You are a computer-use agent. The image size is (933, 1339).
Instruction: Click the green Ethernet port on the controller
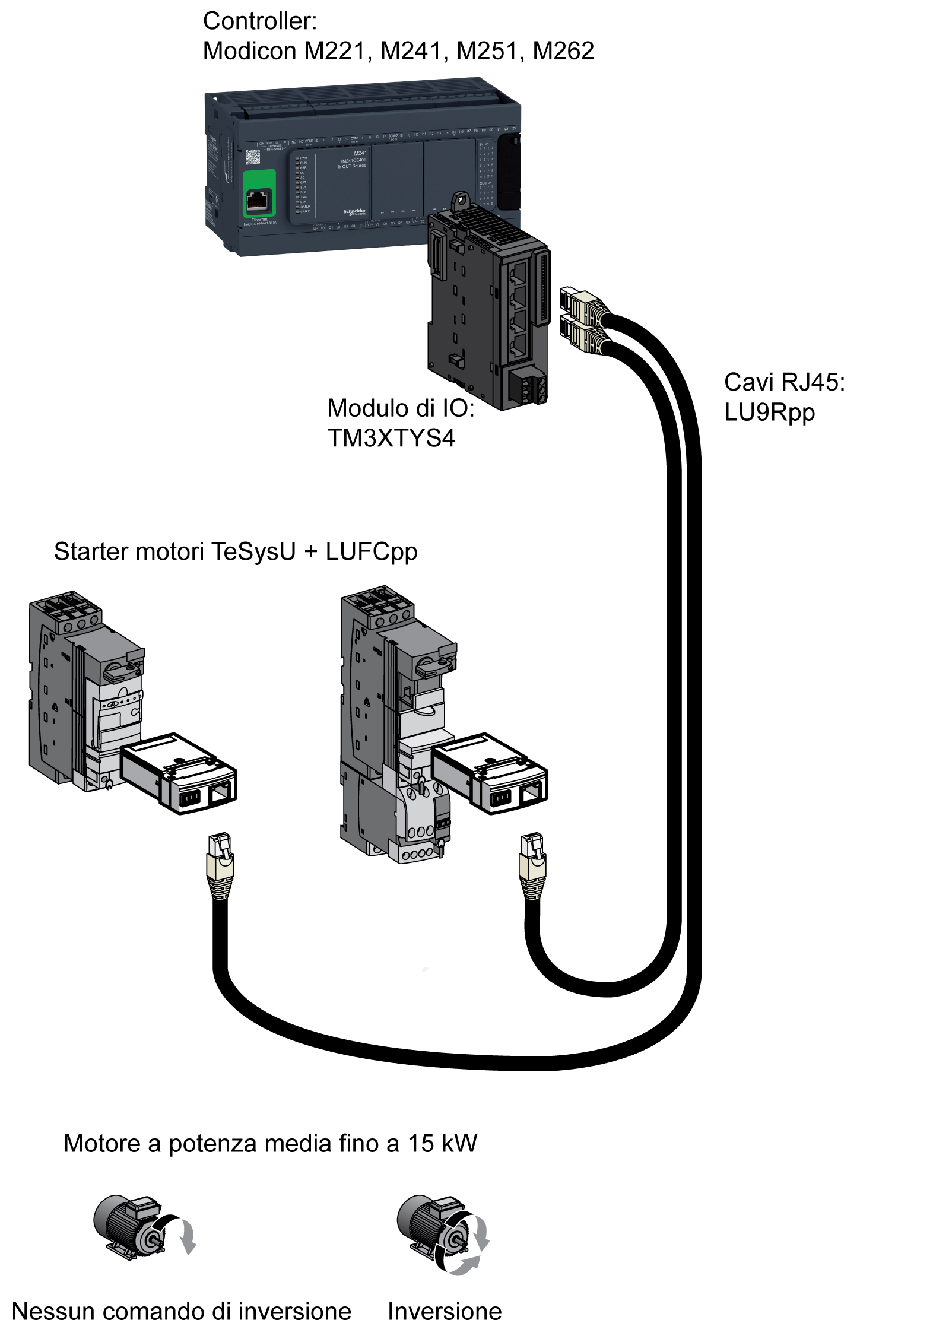point(259,194)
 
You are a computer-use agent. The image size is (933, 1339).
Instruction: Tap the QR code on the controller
point(252,157)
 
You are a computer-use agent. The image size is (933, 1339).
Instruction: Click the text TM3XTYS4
point(391,438)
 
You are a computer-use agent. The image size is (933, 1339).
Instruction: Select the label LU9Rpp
point(769,413)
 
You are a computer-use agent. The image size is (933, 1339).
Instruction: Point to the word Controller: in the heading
point(260,21)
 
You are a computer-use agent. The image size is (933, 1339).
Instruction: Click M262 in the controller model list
point(563,51)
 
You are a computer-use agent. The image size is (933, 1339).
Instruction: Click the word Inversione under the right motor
point(445,1311)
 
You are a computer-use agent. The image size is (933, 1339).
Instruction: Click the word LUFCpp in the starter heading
point(372,552)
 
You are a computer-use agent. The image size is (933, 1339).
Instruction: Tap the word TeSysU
point(253,552)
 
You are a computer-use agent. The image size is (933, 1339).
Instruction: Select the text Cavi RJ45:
point(784,382)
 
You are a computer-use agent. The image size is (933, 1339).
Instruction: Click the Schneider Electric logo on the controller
point(354,212)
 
